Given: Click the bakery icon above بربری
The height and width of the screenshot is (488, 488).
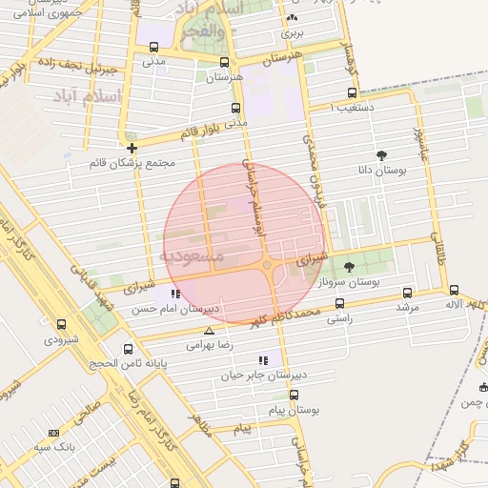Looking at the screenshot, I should (x=291, y=17).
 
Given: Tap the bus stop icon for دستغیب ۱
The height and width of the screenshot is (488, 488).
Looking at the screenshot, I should (x=353, y=93).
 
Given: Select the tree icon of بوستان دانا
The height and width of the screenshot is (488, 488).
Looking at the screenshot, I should (x=382, y=154).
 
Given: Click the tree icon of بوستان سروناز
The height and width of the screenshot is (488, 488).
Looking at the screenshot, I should (x=349, y=268).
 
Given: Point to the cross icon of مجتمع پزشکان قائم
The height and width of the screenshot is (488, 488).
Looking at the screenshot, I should (x=132, y=148).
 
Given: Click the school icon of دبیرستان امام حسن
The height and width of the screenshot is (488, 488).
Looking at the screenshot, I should (x=174, y=294).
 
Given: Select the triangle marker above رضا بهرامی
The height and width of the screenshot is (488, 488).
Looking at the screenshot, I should (x=209, y=331).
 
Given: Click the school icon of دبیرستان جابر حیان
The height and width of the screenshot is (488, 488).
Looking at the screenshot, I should (x=262, y=360).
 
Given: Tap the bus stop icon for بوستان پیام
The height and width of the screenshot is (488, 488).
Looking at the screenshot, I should (x=294, y=395).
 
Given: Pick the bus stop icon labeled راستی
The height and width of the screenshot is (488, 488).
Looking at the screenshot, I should (x=339, y=303).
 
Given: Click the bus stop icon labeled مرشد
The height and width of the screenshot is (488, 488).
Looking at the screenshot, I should (x=408, y=294).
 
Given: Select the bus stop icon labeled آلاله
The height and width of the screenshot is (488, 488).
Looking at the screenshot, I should (x=453, y=291).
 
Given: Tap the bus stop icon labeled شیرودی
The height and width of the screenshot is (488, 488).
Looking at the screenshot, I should (x=62, y=324).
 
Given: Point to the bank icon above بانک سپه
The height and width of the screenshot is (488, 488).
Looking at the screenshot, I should (x=53, y=433).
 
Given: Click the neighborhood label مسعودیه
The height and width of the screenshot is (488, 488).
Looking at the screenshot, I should (x=192, y=257).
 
